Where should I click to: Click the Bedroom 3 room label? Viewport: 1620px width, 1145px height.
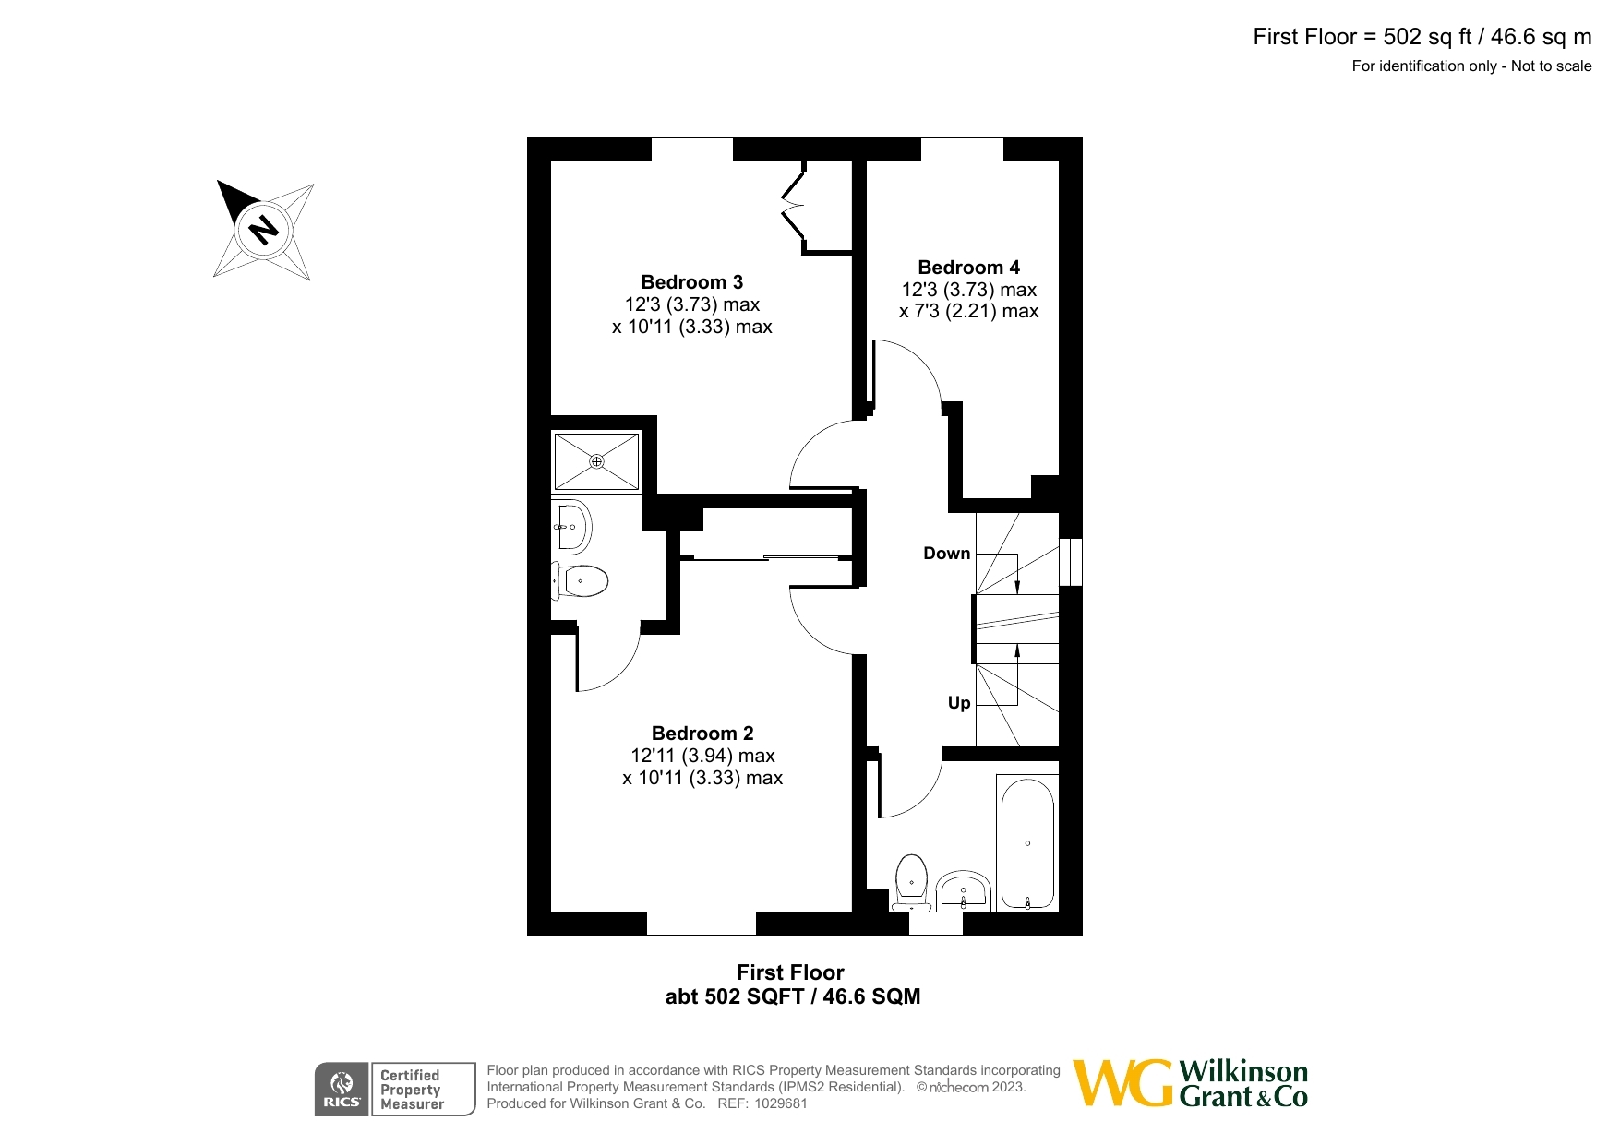(691, 282)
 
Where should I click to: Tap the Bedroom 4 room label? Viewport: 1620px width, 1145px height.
(968, 268)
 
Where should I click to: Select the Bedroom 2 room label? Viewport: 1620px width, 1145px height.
(702, 734)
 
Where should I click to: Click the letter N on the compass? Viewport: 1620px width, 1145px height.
(264, 229)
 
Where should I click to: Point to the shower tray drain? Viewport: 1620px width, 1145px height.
(596, 461)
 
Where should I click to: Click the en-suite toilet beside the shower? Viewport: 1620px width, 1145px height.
(582, 581)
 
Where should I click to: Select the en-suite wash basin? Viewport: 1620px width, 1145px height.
(572, 527)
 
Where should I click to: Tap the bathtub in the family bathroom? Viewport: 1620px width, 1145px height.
(1026, 843)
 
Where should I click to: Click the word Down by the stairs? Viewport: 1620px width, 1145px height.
(946, 554)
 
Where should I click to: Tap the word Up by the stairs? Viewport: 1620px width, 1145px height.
(959, 703)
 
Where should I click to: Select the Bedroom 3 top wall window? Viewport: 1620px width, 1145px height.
(691, 149)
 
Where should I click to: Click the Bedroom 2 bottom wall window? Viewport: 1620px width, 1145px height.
(701, 923)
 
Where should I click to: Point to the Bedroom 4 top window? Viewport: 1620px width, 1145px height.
(962, 149)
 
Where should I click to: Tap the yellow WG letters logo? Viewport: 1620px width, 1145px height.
(1122, 1083)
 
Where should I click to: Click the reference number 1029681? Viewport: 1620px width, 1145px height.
(781, 1103)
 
